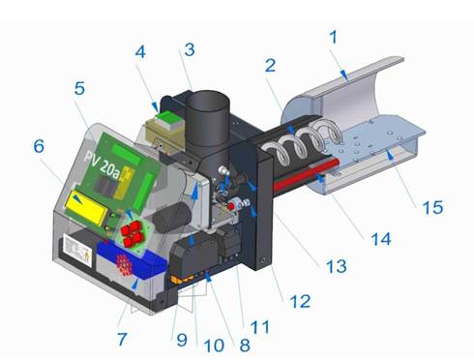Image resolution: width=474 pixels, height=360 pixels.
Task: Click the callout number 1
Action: coord(334,38)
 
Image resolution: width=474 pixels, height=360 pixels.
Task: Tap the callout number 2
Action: coord(270,66)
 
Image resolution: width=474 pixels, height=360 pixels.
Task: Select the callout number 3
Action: coord(190,49)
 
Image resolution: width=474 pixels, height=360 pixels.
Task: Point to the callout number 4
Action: coord(140,51)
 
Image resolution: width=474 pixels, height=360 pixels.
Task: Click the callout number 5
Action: coord(79,88)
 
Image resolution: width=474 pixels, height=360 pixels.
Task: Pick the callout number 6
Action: coord(39,146)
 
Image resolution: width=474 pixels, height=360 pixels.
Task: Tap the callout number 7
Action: coord(122,339)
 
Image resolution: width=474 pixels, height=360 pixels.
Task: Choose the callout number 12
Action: coord(300,301)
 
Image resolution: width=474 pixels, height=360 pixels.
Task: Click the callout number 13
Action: coord(337,266)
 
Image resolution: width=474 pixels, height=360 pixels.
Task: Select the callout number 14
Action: coord(381,239)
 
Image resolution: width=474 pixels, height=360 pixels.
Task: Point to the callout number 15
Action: coord(432,207)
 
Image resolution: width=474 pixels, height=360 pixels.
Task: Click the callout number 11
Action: coord(260,327)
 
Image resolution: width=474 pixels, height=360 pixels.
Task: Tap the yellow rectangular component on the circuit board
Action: coord(86,208)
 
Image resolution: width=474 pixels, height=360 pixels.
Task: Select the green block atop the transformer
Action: coord(168,117)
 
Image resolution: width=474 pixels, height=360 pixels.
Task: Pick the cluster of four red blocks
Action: coord(132,233)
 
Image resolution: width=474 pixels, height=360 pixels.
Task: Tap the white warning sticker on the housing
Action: coord(77,250)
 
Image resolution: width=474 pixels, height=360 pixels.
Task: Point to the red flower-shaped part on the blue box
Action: coord(124,263)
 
